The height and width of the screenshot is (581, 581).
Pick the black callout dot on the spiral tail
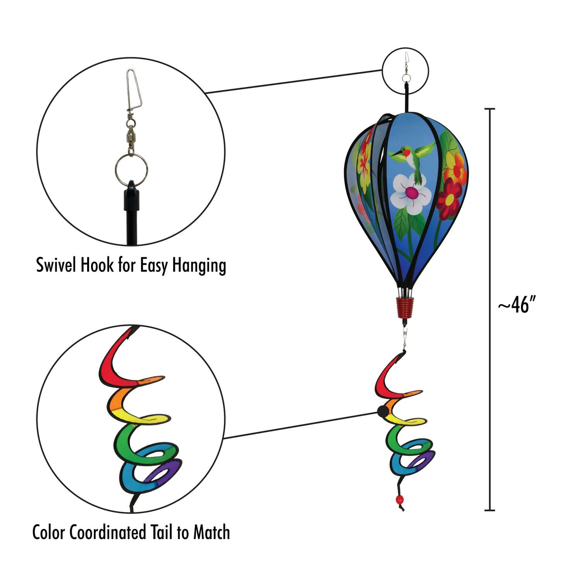click(x=382, y=411)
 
